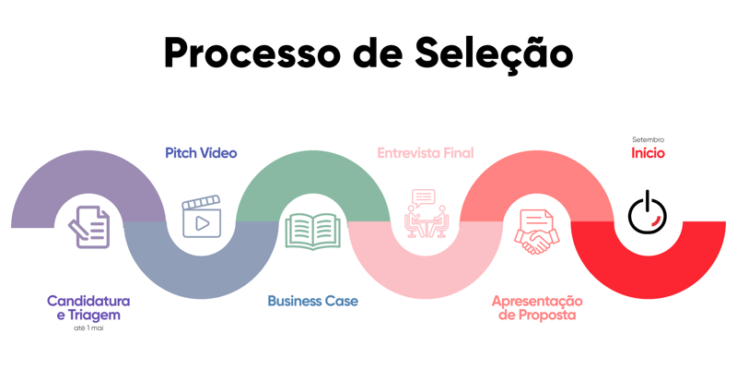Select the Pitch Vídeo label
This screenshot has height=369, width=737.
pyautogui.click(x=201, y=153)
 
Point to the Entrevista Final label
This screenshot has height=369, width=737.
pyautogui.click(x=425, y=153)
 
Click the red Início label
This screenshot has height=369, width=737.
pyautogui.click(x=648, y=153)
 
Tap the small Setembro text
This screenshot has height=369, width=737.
pyautogui.click(x=648, y=139)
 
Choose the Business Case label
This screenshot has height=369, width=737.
pyautogui.click(x=312, y=301)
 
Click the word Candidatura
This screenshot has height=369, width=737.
pyautogui.click(x=88, y=301)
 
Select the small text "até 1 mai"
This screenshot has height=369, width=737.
pyautogui.click(x=88, y=327)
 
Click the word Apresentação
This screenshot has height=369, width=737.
pyautogui.click(x=537, y=301)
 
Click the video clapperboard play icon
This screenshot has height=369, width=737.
pyautogui.click(x=201, y=218)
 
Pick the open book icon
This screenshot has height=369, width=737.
pyautogui.click(x=312, y=231)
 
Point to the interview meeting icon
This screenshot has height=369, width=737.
pyautogui.click(x=425, y=214)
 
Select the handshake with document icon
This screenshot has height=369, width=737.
pyautogui.click(x=536, y=231)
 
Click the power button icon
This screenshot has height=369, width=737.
pyautogui.click(x=648, y=213)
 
